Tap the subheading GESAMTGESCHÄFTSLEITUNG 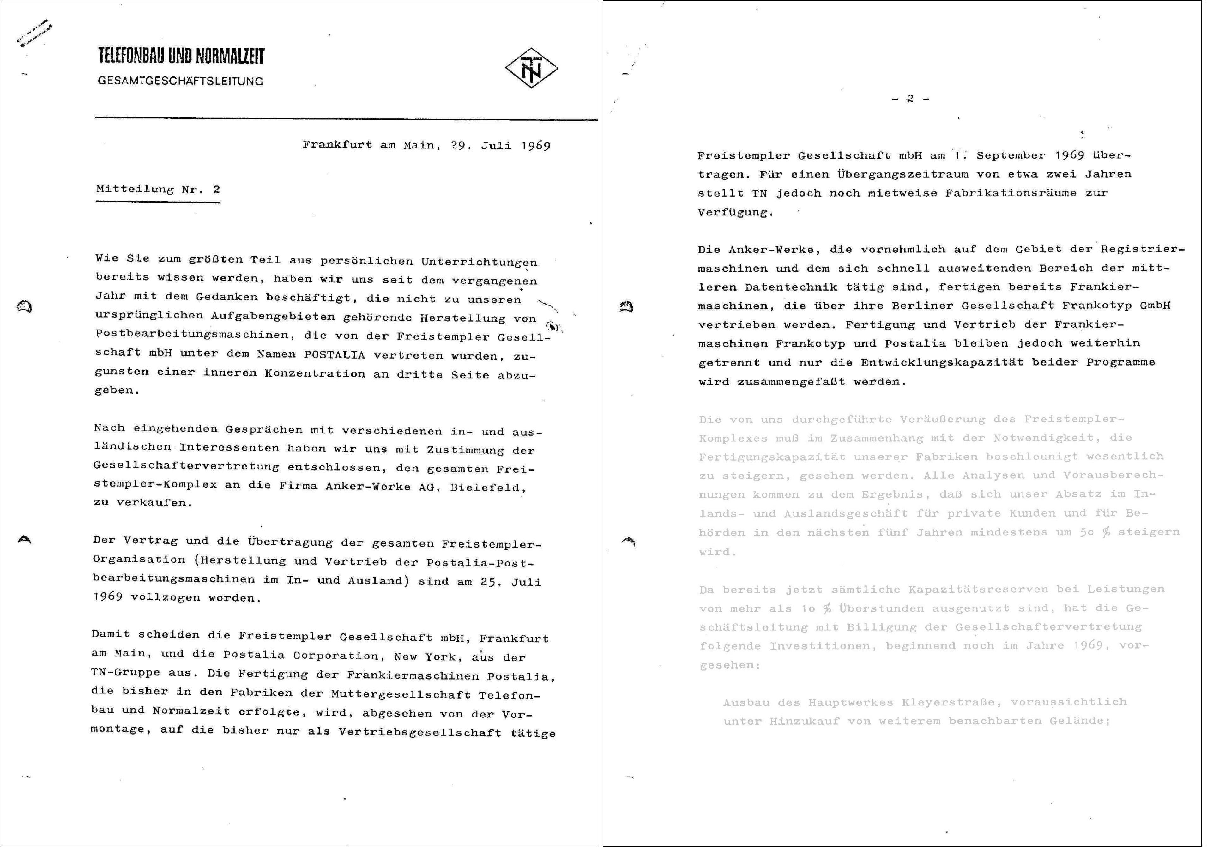180,81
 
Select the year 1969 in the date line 536,146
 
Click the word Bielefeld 488,487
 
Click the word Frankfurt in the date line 337,145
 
